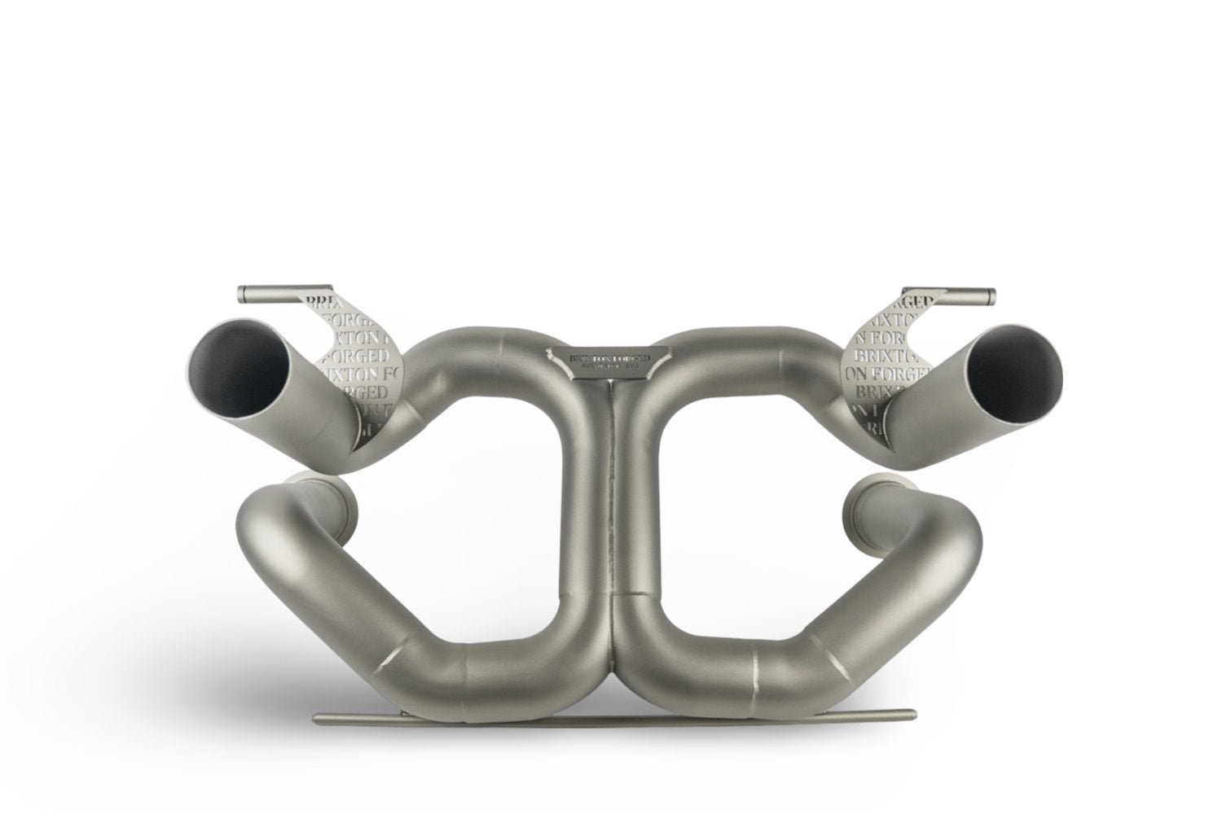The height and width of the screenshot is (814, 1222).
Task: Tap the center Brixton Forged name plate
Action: [x=610, y=359]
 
